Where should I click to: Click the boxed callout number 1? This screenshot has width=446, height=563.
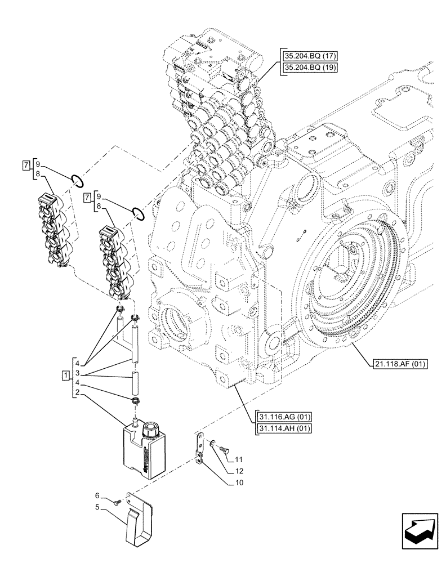pyautogui.click(x=66, y=374)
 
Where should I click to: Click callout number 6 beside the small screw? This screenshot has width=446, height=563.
pyautogui.click(x=97, y=495)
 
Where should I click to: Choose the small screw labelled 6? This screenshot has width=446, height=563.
pyautogui.click(x=117, y=501)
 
